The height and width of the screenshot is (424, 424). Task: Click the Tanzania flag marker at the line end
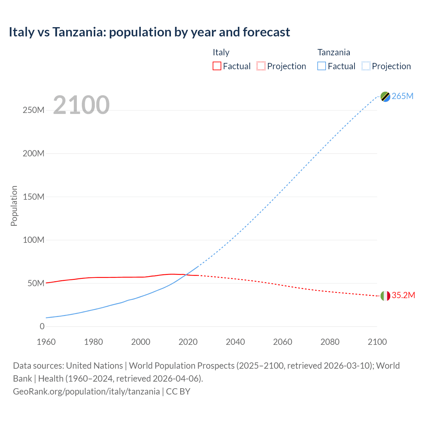385,96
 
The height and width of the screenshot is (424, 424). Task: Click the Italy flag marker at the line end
385,296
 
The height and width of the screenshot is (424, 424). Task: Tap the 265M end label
402,96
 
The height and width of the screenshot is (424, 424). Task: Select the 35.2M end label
403,295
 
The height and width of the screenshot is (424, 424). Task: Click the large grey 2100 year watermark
81,105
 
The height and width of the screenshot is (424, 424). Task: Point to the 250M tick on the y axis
33,110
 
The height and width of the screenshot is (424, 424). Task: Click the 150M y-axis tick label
33,197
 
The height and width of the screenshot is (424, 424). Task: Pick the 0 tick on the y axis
42,326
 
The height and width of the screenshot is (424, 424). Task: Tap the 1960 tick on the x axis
46,342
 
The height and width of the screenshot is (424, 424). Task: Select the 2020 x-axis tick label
188,342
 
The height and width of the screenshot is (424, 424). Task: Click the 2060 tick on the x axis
283,342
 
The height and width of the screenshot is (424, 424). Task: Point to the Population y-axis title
14,206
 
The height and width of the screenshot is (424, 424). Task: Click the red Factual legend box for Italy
217,66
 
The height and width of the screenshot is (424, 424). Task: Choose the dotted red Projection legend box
261,66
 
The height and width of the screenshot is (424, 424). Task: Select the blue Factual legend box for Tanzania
322,66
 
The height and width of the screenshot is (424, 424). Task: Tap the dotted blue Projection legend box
366,66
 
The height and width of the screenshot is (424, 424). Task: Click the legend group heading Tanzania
334,52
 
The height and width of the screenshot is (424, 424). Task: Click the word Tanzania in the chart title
79,32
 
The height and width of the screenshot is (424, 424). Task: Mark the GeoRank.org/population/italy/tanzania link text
86,392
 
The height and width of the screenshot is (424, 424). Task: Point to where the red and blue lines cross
186,275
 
